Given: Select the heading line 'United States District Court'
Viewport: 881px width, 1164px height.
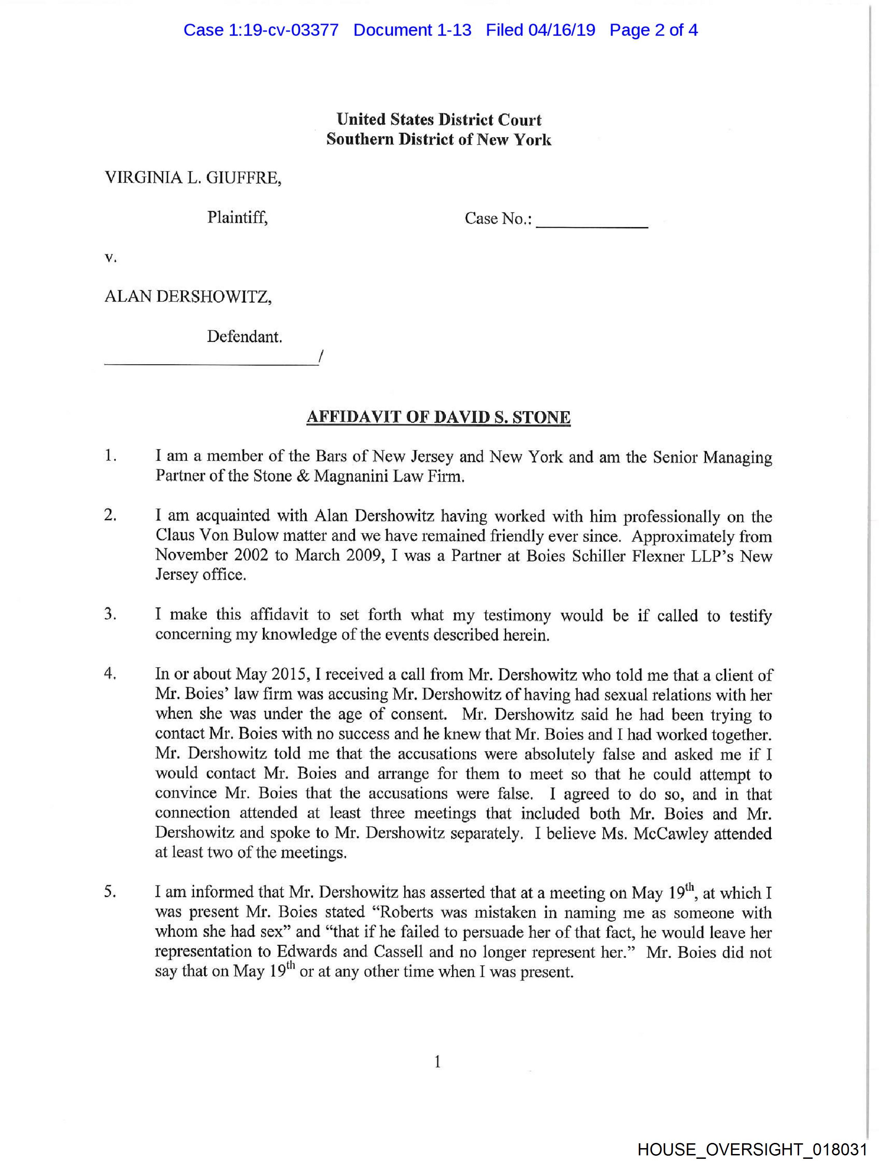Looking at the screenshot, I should tap(439, 120).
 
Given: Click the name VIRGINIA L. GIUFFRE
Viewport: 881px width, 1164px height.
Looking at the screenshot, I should tap(193, 178).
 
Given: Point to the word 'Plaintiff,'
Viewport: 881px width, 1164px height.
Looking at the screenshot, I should tap(237, 217).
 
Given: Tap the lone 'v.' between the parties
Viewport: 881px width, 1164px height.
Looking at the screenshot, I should tap(110, 258).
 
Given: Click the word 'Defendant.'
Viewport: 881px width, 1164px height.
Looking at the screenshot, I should tap(244, 337).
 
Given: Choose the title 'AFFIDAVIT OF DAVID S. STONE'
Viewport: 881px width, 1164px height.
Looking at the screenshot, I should tap(438, 417).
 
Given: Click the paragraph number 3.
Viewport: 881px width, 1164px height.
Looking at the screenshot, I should tap(110, 614).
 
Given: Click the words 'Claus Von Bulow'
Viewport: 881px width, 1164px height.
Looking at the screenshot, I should tap(217, 536).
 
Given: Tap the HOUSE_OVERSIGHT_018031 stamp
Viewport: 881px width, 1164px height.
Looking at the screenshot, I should tap(752, 1149).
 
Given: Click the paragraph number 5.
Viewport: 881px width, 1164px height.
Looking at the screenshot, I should tap(110, 892).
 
